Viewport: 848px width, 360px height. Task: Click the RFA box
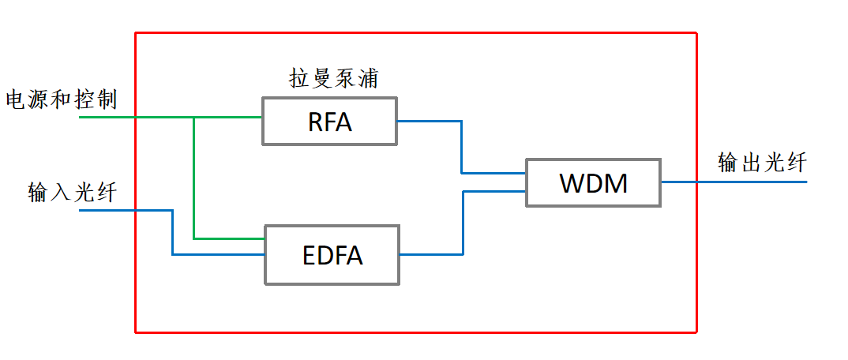329,122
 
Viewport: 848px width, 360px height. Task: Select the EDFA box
332,254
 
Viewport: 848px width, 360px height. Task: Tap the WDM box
593,182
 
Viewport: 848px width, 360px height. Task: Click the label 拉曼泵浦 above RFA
332,78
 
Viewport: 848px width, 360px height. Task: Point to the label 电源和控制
61,100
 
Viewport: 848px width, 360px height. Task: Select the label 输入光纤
72,192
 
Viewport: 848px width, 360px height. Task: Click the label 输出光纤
762,163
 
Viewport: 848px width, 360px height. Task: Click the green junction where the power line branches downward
193,117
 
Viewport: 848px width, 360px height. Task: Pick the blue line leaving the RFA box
430,122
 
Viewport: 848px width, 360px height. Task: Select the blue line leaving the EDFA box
430,254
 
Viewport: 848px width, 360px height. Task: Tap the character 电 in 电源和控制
16,100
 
